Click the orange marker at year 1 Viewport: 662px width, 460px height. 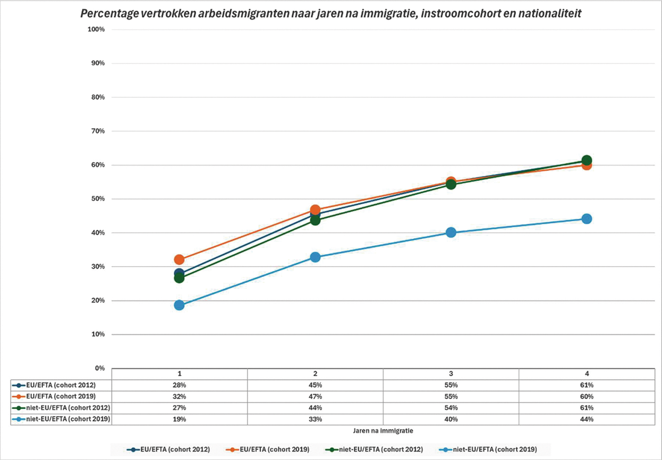click(x=179, y=259)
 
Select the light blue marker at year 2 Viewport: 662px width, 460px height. click(x=315, y=257)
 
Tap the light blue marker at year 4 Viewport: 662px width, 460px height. click(x=587, y=219)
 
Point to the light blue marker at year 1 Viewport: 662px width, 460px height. click(x=179, y=305)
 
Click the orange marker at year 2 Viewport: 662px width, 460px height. click(x=315, y=210)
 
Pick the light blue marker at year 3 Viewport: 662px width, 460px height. click(x=451, y=232)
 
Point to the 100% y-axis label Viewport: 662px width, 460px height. click(x=96, y=29)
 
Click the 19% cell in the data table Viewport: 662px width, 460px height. click(x=179, y=419)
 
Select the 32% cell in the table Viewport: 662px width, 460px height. click(x=179, y=396)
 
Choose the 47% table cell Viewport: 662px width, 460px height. click(x=315, y=396)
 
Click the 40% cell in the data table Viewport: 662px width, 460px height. click(x=451, y=419)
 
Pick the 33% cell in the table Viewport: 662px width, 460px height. click(x=315, y=419)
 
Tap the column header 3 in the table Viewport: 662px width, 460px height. click(x=451, y=373)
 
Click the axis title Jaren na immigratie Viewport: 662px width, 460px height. click(x=383, y=430)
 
